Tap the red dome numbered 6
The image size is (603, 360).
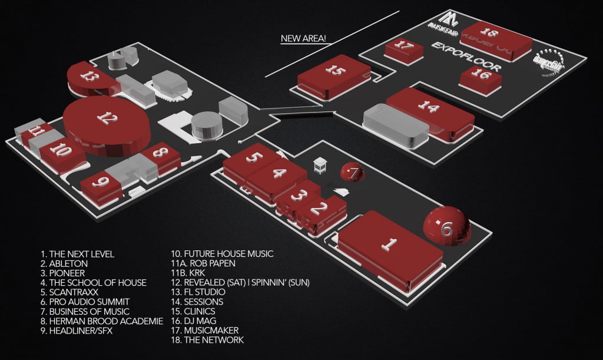point(446,226)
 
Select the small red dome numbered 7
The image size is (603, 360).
point(353,173)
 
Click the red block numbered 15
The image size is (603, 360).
point(334,72)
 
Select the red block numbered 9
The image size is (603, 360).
point(101,183)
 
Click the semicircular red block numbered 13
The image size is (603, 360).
point(89,77)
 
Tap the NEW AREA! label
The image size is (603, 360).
point(303,39)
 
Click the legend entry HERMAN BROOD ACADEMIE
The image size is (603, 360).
point(102,321)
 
